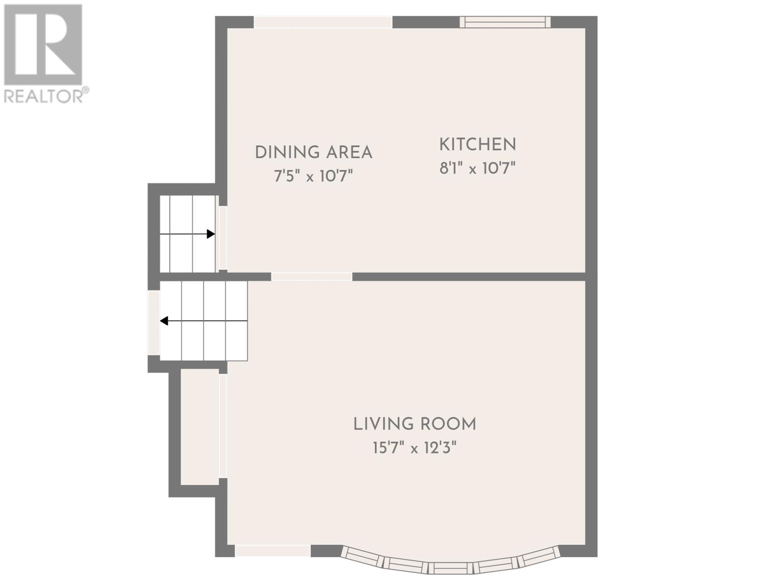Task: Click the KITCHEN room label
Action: pyautogui.click(x=477, y=144)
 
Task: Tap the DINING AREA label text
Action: pyautogui.click(x=314, y=152)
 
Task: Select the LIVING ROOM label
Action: pyautogui.click(x=415, y=424)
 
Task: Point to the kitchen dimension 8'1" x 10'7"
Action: pyautogui.click(x=477, y=168)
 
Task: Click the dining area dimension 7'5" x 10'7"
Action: pyautogui.click(x=313, y=176)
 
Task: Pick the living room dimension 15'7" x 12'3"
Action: pyautogui.click(x=415, y=448)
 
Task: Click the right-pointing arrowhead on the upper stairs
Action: pyautogui.click(x=211, y=234)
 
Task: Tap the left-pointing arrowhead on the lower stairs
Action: pyautogui.click(x=164, y=321)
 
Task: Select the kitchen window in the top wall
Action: pyautogui.click(x=505, y=22)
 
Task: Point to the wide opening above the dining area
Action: pyautogui.click(x=323, y=22)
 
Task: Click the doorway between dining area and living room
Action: pyautogui.click(x=312, y=276)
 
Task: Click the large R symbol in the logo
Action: pyautogui.click(x=43, y=45)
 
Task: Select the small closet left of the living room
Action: pyautogui.click(x=199, y=427)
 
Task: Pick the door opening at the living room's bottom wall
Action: pyautogui.click(x=273, y=561)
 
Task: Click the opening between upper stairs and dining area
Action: pyautogui.click(x=223, y=238)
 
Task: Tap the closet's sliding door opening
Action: pyautogui.click(x=223, y=426)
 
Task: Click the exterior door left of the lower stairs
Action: pyautogui.click(x=154, y=323)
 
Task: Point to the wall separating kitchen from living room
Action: pyautogui.click(x=469, y=276)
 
